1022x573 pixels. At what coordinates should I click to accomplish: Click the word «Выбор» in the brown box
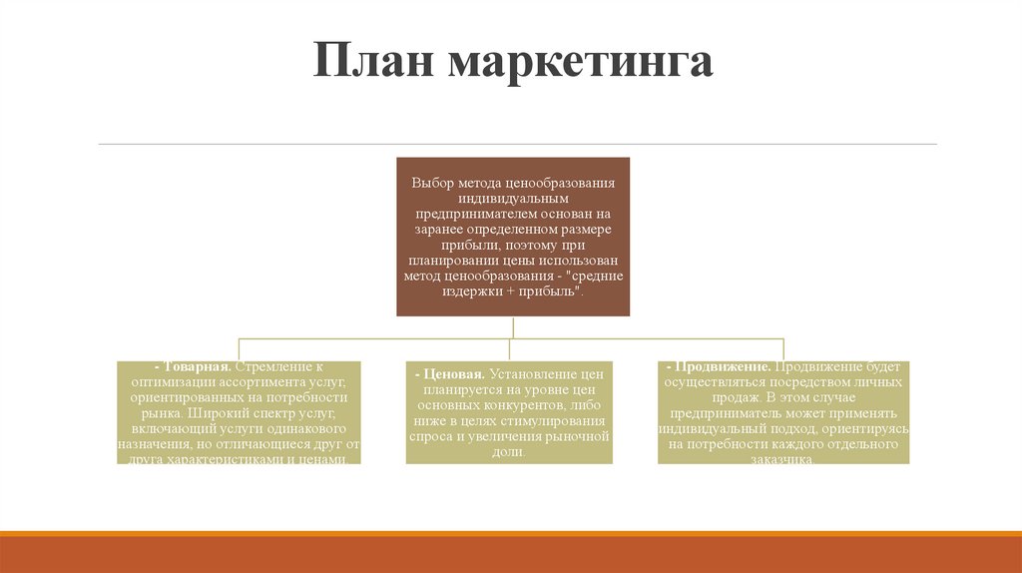coord(432,184)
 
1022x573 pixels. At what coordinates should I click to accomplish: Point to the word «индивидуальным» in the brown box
coord(513,199)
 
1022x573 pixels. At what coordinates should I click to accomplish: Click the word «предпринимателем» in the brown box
coord(473,215)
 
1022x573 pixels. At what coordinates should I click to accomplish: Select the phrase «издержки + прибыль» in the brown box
coord(510,291)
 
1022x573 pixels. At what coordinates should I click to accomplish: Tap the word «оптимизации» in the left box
coord(166,383)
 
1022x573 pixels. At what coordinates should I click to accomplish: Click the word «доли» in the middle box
coord(507,452)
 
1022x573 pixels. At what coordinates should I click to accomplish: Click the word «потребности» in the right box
coord(722,444)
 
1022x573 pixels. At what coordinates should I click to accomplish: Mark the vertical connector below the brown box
coord(513,326)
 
